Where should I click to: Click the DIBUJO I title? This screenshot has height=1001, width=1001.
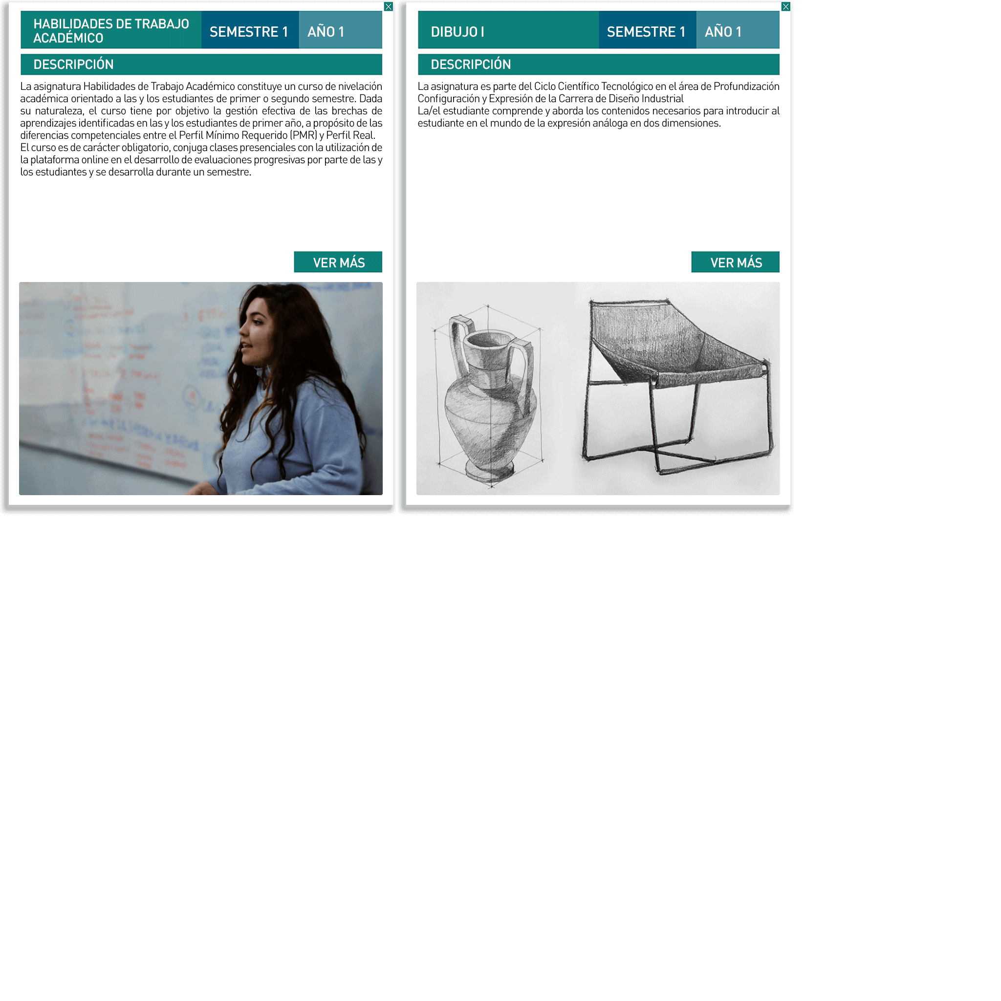tap(457, 32)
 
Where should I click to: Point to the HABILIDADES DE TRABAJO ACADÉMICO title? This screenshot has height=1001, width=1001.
tap(111, 31)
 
